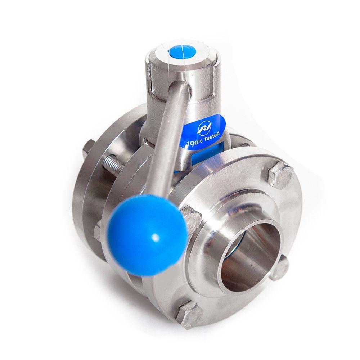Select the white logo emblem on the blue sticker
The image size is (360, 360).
click(x=203, y=127)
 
